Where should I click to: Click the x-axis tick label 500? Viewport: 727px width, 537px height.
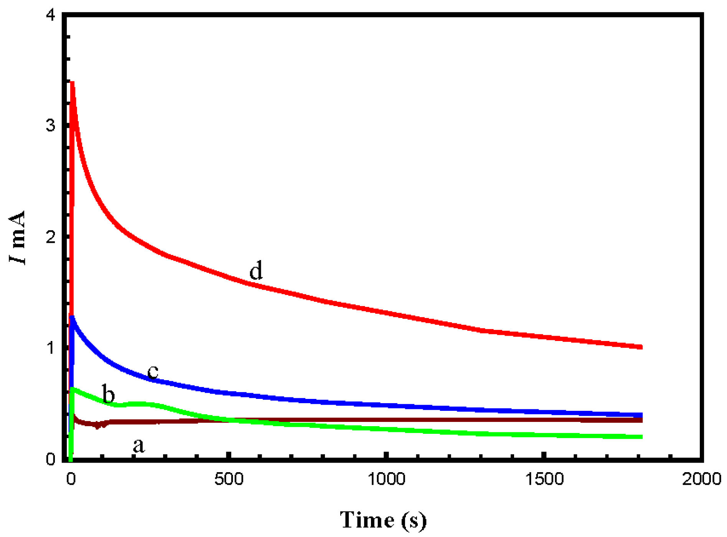229,479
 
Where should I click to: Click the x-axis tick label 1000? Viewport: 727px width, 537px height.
386,479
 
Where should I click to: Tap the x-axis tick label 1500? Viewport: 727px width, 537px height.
544,479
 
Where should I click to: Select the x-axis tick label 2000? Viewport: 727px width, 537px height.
702,479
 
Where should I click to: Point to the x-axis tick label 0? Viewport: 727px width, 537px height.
71,479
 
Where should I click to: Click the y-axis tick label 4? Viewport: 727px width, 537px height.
51,16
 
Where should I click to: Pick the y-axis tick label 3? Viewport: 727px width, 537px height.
51,126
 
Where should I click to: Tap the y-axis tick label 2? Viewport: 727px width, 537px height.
51,237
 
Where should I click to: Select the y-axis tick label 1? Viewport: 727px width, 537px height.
51,348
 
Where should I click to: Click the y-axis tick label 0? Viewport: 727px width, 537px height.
51,459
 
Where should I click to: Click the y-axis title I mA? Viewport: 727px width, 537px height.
17,238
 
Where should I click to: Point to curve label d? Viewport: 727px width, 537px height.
256,270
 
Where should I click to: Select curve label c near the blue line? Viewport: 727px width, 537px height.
153,371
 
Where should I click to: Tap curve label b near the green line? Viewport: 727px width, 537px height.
109,394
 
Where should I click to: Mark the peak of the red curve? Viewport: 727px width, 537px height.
72,83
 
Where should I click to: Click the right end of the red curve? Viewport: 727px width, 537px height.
641,347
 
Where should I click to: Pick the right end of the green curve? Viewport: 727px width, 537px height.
641,437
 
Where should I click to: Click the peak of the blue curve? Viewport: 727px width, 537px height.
72,318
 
